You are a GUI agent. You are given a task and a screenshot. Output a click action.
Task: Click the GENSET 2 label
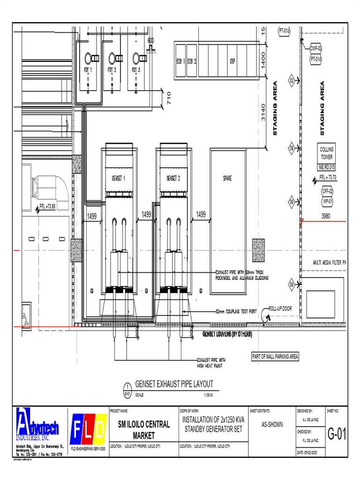point(173,178)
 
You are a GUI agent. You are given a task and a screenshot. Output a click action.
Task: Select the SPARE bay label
point(227,178)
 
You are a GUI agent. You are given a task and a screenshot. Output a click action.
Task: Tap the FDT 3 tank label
point(136,70)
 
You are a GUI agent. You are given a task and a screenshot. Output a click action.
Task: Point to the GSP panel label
point(232,61)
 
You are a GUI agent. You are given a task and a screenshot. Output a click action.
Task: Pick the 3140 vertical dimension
point(263,112)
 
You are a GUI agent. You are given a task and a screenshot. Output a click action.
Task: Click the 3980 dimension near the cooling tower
point(326,216)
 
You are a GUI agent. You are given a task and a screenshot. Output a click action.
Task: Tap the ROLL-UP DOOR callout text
point(280,309)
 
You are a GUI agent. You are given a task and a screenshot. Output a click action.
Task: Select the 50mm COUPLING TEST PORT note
point(236,311)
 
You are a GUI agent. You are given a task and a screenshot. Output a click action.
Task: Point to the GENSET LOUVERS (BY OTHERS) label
point(227,334)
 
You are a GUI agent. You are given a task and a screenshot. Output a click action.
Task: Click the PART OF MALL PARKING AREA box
point(275,357)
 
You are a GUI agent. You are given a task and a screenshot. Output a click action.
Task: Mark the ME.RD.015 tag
point(327,167)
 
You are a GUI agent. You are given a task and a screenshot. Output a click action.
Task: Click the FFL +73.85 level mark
point(47,206)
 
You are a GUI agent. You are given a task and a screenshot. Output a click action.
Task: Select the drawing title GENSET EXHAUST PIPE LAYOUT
point(174,384)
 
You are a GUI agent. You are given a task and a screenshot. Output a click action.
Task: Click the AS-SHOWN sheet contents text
point(272,425)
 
